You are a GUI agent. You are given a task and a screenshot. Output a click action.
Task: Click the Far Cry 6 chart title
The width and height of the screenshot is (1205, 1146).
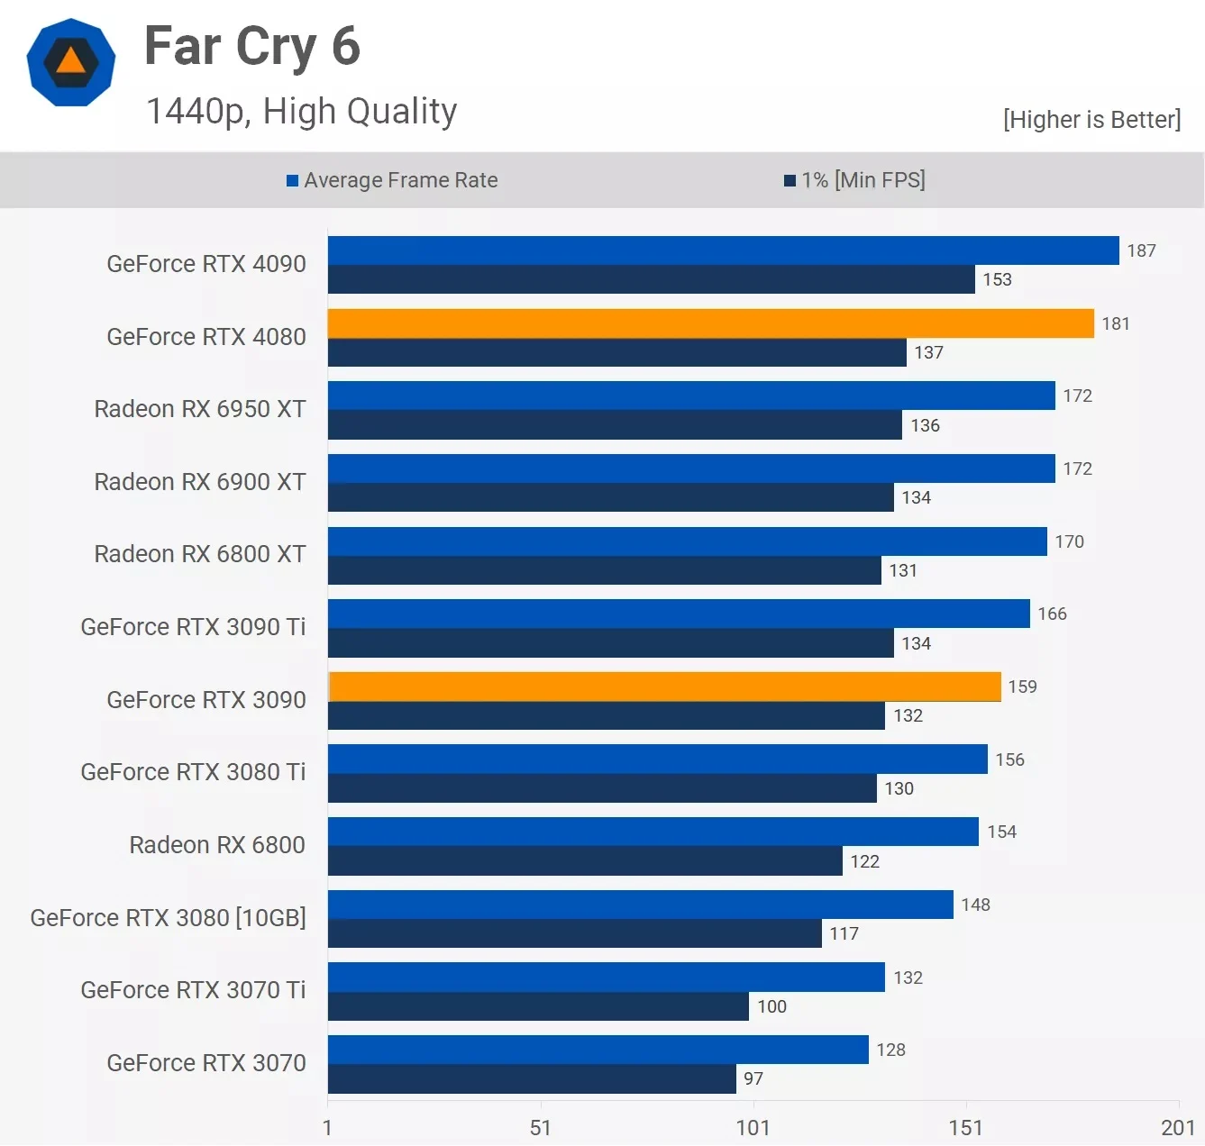click(x=252, y=47)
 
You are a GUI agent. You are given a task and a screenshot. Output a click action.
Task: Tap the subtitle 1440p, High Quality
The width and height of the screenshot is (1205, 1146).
click(x=301, y=112)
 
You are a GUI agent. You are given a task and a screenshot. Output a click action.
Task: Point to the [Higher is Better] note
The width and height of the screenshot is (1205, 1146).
click(x=1091, y=120)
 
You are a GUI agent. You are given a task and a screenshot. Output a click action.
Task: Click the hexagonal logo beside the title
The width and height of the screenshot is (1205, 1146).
click(x=71, y=62)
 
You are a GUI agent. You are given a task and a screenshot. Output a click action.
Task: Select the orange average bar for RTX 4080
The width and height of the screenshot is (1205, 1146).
click(x=710, y=323)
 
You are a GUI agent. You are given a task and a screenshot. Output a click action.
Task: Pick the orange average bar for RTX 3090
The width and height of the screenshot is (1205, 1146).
click(x=664, y=687)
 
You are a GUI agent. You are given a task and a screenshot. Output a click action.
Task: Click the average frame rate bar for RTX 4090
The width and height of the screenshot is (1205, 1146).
click(x=723, y=250)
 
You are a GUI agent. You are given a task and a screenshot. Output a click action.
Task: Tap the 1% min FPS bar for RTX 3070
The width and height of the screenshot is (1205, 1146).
click(x=532, y=1078)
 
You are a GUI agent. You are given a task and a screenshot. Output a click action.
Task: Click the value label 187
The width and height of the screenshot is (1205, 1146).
click(x=1141, y=250)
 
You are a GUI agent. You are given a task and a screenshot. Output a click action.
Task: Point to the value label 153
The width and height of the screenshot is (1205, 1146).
click(x=997, y=279)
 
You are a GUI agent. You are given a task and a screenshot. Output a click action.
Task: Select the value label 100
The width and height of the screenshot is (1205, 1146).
click(x=771, y=1006)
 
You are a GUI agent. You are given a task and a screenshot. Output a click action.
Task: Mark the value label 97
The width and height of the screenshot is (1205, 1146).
click(x=753, y=1078)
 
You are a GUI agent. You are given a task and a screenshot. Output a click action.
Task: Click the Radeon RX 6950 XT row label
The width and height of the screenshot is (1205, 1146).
click(x=200, y=409)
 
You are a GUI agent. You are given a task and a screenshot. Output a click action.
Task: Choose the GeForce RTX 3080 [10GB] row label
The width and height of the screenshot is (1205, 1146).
click(x=168, y=917)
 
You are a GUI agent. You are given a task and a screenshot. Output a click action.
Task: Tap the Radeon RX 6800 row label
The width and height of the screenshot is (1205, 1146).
click(x=217, y=845)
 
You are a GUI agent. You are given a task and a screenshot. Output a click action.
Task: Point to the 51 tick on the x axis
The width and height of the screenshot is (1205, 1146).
click(x=540, y=1127)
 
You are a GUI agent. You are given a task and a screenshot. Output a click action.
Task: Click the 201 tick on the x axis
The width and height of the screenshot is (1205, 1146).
click(x=1177, y=1127)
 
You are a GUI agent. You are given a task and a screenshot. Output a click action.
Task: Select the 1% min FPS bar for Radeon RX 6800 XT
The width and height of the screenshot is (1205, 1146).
click(x=604, y=570)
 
